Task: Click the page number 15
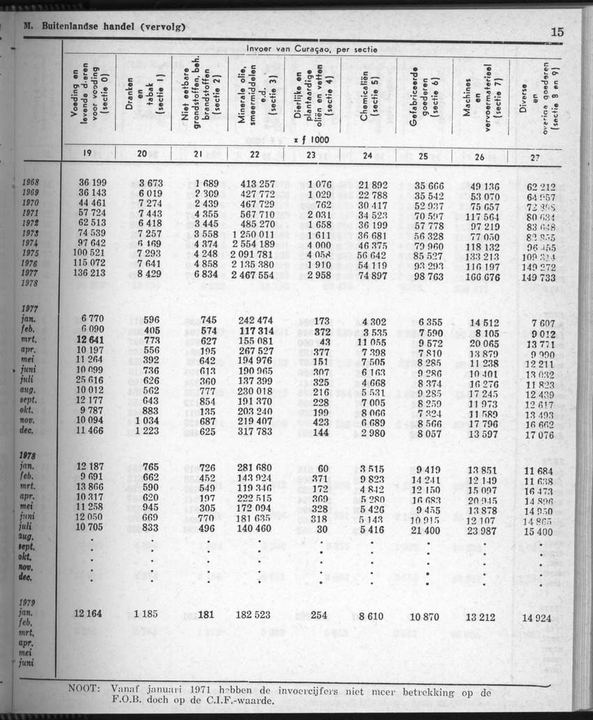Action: [557, 31]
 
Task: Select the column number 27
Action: [536, 158]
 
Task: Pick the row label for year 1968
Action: [30, 183]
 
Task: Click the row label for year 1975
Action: [30, 253]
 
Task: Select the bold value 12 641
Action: [96, 340]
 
